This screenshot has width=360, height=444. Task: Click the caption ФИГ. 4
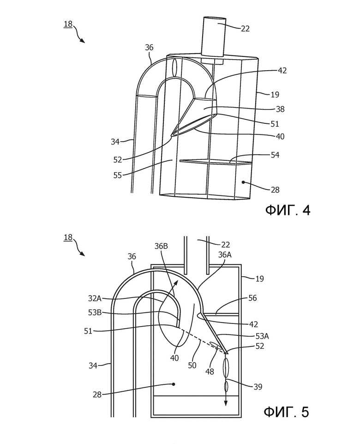288,210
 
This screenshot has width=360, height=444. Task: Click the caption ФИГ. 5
287,412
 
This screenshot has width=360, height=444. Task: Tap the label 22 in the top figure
245,29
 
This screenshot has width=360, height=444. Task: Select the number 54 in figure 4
275,155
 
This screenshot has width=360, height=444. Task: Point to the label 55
117,175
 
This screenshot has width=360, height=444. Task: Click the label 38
280,109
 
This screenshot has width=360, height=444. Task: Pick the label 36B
161,246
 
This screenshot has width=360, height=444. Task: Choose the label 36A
225,255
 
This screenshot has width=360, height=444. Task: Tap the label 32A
95,298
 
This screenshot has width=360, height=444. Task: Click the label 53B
95,313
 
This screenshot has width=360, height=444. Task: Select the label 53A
262,336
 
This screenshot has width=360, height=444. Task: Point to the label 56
252,298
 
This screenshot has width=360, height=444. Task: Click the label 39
258,387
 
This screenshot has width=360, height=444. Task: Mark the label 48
210,371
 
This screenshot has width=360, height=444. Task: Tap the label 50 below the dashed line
192,365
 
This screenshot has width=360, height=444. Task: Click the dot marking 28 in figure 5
174,384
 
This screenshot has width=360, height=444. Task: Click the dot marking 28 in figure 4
243,182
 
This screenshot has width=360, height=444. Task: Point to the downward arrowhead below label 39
226,403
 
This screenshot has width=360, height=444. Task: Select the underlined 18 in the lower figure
68,237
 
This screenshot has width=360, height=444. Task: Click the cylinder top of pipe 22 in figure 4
214,19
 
